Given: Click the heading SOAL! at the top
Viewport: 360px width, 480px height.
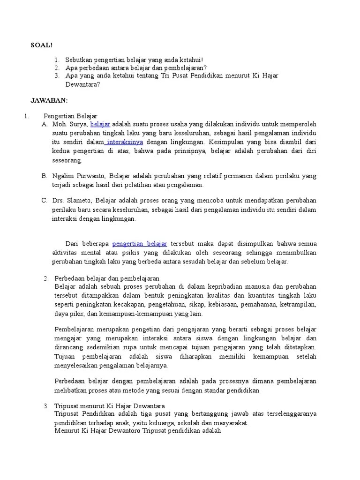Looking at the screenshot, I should [42, 45].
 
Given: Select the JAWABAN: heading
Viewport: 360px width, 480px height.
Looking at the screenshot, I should [49, 100].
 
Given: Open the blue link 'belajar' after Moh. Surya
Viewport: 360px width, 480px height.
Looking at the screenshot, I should [100, 124].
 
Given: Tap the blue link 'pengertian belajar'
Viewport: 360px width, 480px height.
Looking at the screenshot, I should [140, 244].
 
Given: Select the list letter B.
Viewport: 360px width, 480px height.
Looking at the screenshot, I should [45, 176].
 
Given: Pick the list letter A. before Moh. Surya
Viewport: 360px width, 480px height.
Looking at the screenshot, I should [45, 124].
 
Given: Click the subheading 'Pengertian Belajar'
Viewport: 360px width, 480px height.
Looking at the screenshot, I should [70, 116].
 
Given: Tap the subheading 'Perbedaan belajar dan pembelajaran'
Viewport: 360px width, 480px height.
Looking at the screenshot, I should [107, 278].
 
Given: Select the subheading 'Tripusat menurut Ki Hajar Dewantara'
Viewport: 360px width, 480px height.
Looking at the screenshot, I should [110, 405].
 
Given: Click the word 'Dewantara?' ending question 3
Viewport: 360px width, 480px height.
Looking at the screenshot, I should [83, 84].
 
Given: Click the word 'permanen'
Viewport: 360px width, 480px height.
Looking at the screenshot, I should [220, 176].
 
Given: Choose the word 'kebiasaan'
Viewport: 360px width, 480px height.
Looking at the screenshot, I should [222, 305].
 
